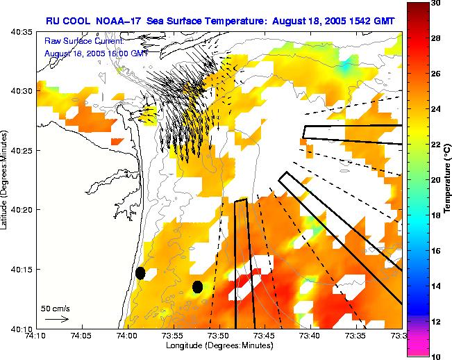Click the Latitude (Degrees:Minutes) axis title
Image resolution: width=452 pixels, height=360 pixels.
pos(6,179)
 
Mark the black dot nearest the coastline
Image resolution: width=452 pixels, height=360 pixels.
pos(140,273)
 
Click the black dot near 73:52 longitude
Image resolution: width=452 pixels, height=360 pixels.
pos(197,286)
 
